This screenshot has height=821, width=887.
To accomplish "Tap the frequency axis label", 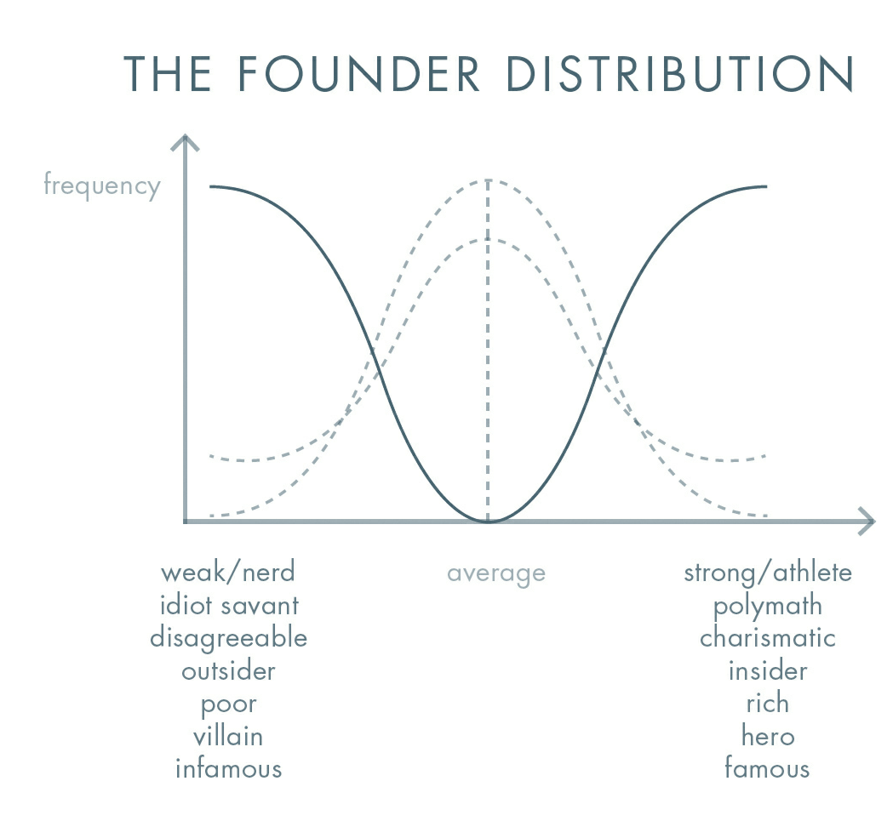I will pos(101,185).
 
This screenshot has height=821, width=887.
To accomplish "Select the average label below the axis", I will pos(495,573).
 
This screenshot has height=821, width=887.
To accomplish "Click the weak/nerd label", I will pos(227,572).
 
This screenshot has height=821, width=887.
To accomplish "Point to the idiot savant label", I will pos(229,605).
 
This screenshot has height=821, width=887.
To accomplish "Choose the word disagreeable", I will pos(228,637).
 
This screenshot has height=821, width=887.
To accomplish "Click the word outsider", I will pos(228,670).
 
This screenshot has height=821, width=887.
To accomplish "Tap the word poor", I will pos(228,704).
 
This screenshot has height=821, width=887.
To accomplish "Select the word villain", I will pos(227,736).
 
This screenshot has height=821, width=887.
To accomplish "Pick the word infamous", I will pos(228,769).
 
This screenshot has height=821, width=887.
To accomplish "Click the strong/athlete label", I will pos(767,572).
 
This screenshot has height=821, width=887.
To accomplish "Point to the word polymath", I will pos(768,606).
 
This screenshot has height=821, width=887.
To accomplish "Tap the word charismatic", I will pos(768,637).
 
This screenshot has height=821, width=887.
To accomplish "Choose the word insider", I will pos(768,670).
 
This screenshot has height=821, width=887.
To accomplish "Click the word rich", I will pos(768,703).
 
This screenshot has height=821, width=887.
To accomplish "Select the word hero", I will pos(768,736).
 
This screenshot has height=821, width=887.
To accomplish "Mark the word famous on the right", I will pos(767,769).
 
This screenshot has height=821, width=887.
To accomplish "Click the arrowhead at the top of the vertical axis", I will pos(184,143).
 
